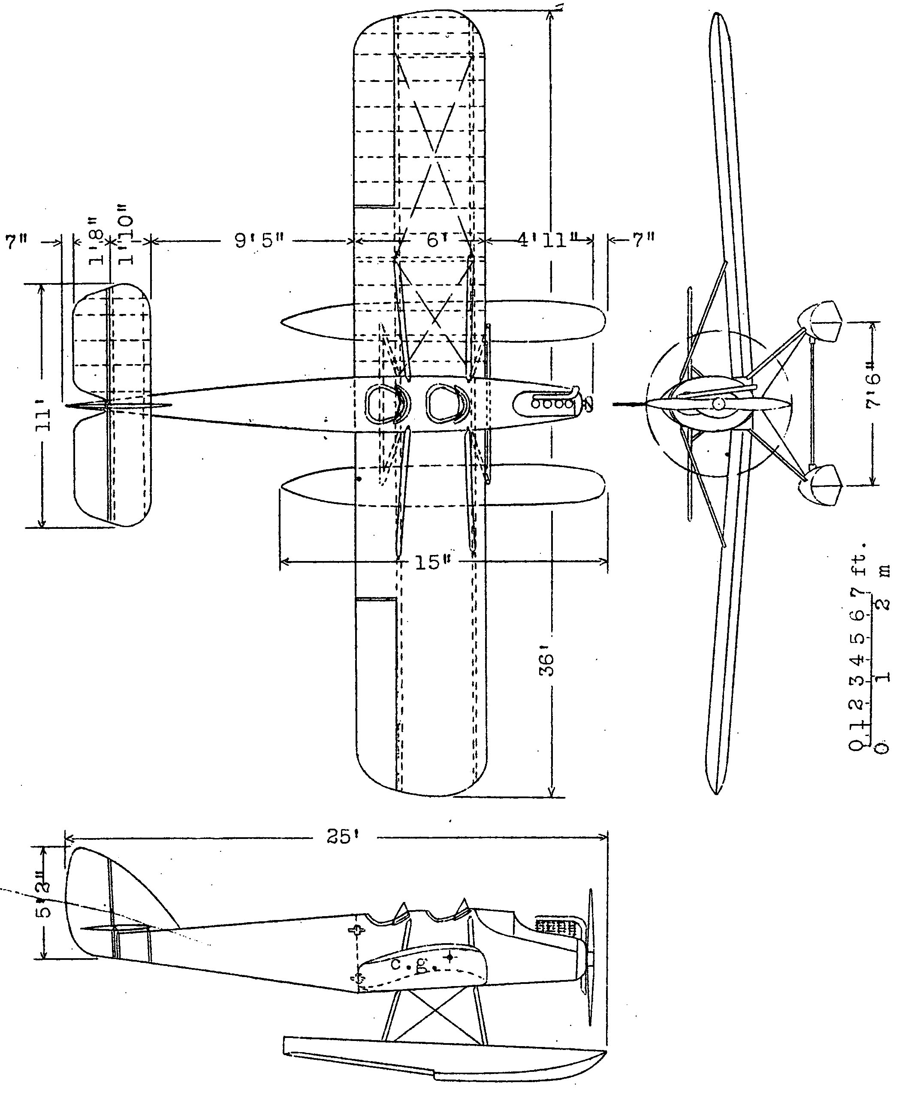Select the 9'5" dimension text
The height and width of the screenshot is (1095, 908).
coord(259,241)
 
